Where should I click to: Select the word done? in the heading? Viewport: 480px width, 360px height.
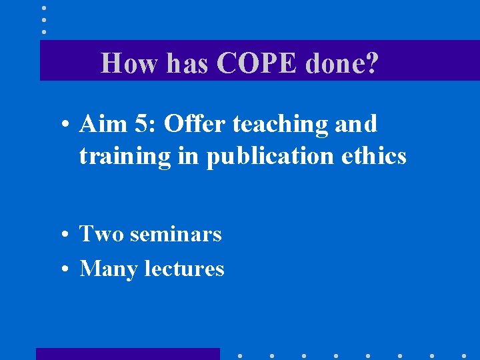342,64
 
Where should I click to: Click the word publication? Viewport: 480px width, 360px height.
273,157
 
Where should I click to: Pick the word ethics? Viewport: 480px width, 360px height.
375,155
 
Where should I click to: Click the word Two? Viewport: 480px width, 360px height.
102,234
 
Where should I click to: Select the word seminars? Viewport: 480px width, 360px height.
176,234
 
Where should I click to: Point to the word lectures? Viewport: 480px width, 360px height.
184,269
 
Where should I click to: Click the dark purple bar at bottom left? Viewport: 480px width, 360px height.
127,354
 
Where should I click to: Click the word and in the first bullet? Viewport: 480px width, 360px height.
357,124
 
